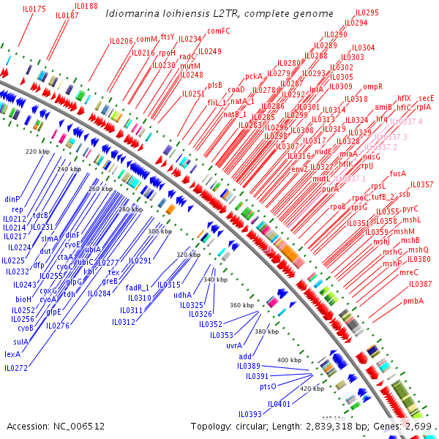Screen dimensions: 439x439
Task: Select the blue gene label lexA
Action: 12,353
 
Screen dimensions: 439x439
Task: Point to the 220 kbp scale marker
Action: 36,151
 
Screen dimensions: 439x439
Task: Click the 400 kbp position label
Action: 289,360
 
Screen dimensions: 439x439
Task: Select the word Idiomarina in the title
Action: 130,14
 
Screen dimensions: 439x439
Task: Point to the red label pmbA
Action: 413,301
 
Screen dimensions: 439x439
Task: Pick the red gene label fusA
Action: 398,173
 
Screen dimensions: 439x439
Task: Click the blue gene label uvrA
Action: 234,345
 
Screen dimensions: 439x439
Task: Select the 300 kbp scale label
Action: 159,231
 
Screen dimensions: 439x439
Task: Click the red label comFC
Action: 219,31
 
